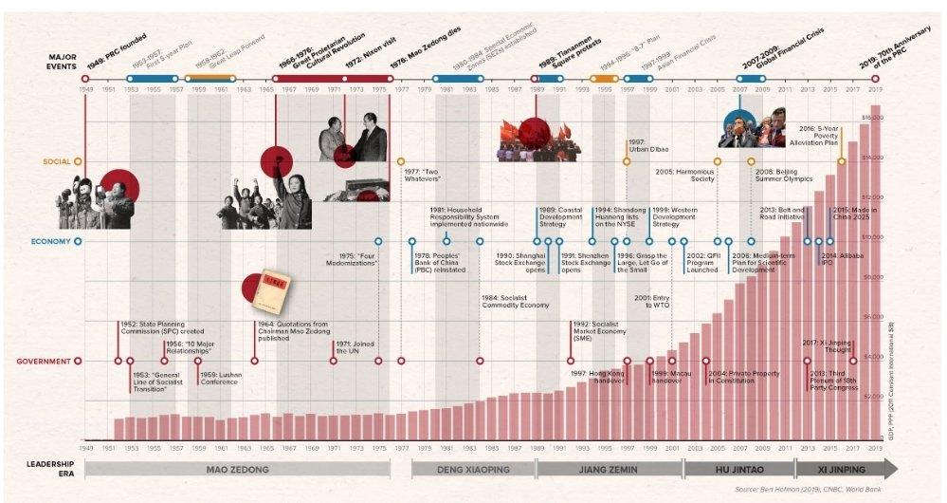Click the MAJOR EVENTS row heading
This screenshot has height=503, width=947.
(x=62, y=62)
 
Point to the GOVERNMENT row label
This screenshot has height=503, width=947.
(x=46, y=361)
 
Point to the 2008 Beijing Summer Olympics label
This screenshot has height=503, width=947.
(x=783, y=177)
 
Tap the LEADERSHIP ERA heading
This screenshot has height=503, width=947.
(x=47, y=469)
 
